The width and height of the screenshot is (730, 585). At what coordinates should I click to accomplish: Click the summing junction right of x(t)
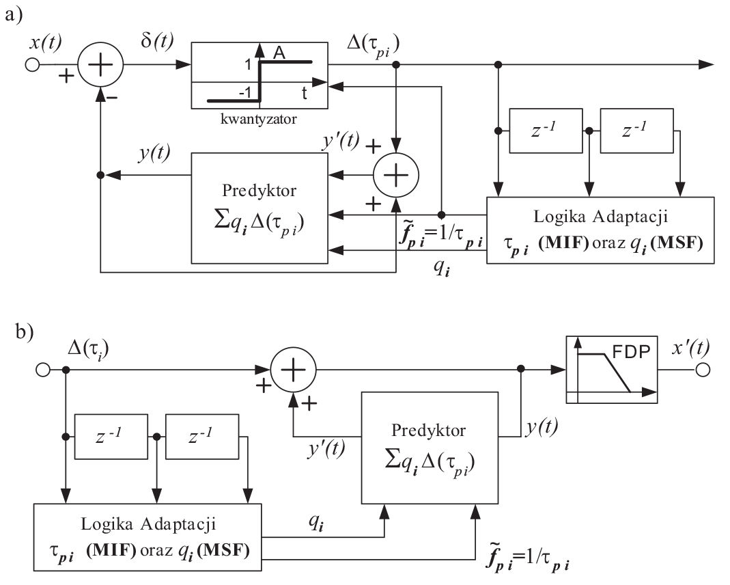coord(100,66)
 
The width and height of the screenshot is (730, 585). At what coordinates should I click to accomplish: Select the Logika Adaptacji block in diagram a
coord(600,230)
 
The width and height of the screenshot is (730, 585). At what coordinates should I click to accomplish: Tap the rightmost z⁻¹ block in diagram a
coord(636,133)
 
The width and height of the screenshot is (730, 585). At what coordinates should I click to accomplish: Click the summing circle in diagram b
coord(294,370)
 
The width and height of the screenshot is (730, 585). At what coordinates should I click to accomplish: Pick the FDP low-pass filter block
coord(612,369)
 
